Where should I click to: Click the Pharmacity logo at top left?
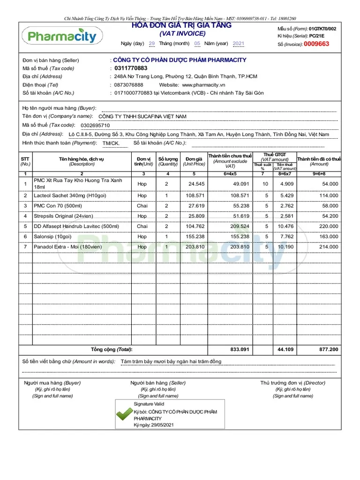(62, 36)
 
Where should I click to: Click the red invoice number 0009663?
(316, 44)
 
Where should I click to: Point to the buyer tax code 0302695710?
(95, 126)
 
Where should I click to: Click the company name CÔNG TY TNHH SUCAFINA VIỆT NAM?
(142, 116)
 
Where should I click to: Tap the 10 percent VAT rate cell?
(265, 184)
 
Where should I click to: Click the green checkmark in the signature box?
(124, 413)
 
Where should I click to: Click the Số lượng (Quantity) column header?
(168, 161)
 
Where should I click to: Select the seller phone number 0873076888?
(129, 85)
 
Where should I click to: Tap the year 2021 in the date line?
(238, 44)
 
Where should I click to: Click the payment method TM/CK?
(111, 143)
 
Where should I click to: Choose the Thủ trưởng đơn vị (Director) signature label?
(292, 383)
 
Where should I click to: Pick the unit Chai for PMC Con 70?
(142, 206)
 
